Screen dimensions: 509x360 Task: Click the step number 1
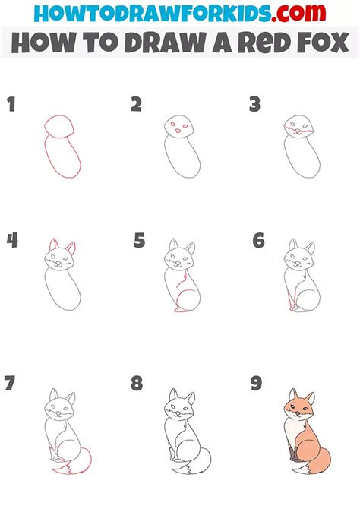11,105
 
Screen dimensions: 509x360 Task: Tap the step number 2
136,105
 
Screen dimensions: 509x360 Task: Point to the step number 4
12,241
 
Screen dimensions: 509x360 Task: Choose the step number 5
139,242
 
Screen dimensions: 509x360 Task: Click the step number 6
258,241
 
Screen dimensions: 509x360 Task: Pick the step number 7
10,384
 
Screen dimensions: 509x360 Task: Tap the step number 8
137,384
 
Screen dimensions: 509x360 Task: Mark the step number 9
257,383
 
